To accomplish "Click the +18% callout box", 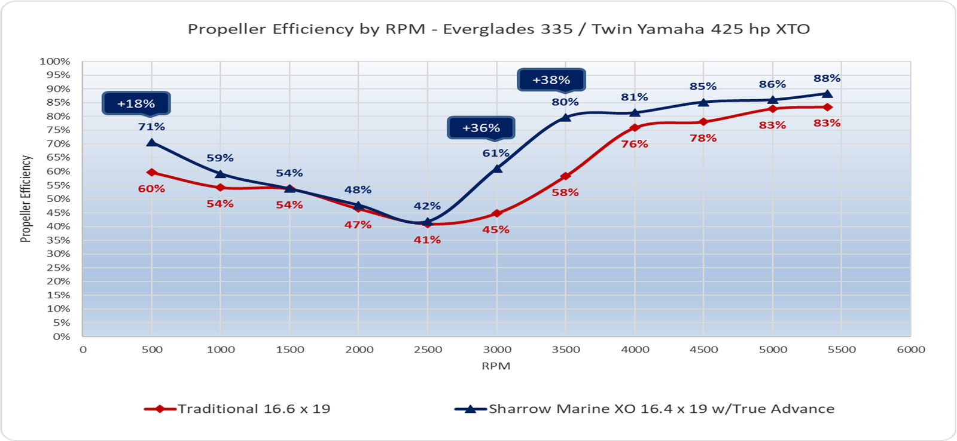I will coord(136,103).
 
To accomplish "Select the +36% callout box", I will coord(481,128).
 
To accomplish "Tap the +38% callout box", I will coord(551,80).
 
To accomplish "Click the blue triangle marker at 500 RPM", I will coord(152,142).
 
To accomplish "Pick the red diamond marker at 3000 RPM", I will coord(496,213).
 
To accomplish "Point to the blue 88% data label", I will coord(827,78).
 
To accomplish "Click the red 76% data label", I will coord(634,144).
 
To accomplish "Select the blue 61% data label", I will coord(496,154).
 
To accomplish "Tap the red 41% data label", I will coord(427,240).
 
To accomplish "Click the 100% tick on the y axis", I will coord(55,62).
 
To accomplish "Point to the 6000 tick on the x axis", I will coord(910,350).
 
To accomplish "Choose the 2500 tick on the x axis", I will coord(428,350).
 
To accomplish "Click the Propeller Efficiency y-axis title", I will coord(26,198).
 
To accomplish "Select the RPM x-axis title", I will coord(496,366).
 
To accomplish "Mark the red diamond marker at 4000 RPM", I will coord(635,128).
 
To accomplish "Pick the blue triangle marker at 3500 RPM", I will coord(565,117).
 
